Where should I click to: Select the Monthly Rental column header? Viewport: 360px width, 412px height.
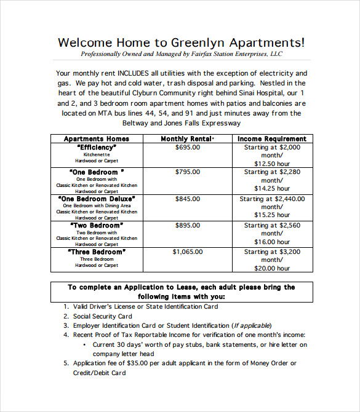pos(187,139)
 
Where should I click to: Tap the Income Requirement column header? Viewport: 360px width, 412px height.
pos(272,139)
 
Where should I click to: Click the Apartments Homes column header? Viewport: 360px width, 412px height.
pos(97,139)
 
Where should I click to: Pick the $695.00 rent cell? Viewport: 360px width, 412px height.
pos(187,148)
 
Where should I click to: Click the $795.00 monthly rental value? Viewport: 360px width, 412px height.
pos(187,172)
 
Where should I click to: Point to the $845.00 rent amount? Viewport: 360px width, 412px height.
pos(187,199)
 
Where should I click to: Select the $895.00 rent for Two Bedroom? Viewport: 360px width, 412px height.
pos(187,226)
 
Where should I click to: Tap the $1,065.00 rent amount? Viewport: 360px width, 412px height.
pos(187,252)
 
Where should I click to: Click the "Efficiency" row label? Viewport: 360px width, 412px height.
pos(97,148)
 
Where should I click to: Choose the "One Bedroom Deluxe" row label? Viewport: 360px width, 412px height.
pos(97,199)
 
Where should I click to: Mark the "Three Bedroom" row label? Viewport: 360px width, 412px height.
pos(97,252)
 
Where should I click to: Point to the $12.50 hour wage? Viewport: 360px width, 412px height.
pos(272,164)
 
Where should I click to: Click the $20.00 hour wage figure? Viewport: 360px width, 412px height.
pos(272,268)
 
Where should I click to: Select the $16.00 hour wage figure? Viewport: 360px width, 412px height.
pos(272,242)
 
